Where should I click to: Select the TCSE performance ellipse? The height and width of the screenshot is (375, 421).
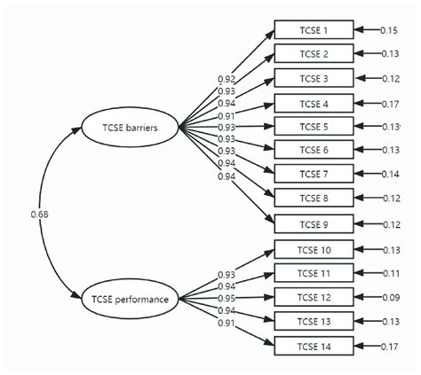[x=129, y=299]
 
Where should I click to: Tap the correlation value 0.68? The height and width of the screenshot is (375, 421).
[x=38, y=214]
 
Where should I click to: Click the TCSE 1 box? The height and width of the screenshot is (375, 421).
[x=314, y=30]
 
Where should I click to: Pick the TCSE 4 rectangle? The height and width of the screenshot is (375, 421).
[x=314, y=103]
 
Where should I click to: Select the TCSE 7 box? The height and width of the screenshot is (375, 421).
[x=314, y=174]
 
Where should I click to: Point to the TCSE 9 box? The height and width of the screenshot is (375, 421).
[x=314, y=223]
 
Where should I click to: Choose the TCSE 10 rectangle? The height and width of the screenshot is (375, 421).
[x=314, y=249]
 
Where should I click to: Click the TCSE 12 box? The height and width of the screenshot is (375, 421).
[x=314, y=297]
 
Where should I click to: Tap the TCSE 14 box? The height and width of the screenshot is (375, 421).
[x=314, y=345]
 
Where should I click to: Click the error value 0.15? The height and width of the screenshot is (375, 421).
[x=389, y=30]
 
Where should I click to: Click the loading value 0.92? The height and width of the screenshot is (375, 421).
[x=226, y=79]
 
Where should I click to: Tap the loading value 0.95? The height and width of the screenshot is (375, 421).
[x=226, y=298]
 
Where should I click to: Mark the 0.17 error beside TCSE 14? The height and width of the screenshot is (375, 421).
[x=389, y=345]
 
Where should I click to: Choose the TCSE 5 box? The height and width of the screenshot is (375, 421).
[x=314, y=126]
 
